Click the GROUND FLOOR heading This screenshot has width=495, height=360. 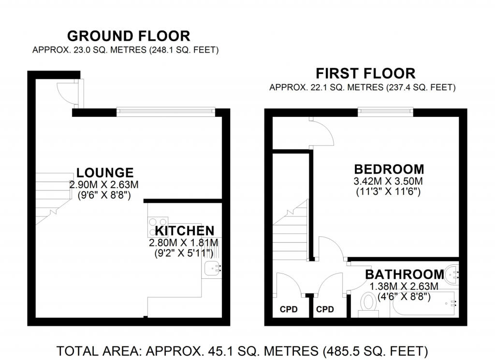pos(128,36)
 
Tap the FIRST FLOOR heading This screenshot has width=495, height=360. pos(365,73)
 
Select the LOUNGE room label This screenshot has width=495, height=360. pos(104,173)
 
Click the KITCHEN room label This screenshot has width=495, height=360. pos(184,231)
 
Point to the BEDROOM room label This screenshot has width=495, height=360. pos(389,170)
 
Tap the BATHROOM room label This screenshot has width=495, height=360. pos(404,274)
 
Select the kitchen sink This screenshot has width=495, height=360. pos(213,268)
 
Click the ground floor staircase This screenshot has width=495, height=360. pos(51,198)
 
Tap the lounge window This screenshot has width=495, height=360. pos(165,112)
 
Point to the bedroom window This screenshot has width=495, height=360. pos(385,112)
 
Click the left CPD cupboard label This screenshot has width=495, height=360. pos(289,309)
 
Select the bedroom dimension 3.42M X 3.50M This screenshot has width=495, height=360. pos(389,182)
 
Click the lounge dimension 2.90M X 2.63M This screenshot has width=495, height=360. pos(104,185)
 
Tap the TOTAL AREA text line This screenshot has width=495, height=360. pos(242,350)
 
